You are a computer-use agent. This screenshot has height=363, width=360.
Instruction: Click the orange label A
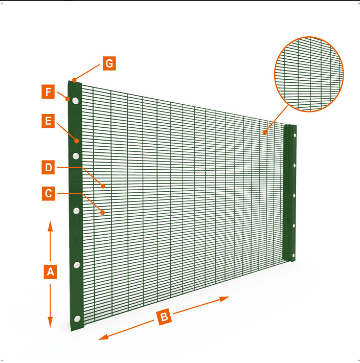click(50, 272)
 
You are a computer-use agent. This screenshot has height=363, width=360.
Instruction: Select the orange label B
click(164, 317)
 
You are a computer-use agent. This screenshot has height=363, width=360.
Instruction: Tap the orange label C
click(49, 194)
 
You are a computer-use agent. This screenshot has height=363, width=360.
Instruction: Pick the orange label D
click(48, 167)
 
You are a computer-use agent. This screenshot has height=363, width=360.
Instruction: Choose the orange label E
click(48, 121)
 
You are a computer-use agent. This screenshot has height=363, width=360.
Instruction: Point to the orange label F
click(48, 92)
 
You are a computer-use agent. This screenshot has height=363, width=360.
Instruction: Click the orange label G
click(109, 63)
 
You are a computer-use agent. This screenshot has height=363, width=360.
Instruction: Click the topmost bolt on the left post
click(76, 101)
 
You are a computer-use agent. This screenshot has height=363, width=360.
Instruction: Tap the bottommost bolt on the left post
click(77, 319)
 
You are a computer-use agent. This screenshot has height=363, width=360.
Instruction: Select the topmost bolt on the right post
click(295, 135)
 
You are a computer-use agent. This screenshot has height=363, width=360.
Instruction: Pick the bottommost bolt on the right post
click(294, 256)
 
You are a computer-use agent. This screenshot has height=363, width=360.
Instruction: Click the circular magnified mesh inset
click(309, 74)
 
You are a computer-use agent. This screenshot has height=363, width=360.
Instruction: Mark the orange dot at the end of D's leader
click(103, 186)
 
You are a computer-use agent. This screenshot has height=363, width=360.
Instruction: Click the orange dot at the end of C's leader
click(103, 212)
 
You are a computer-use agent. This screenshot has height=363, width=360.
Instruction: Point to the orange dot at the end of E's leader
click(77, 141)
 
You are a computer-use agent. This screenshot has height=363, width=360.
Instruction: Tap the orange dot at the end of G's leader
click(74, 80)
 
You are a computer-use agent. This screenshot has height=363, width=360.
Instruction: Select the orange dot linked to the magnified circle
click(264, 132)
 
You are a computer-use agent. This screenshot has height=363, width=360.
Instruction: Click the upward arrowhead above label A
click(50, 226)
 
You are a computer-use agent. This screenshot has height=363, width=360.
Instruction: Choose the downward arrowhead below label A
click(50, 322)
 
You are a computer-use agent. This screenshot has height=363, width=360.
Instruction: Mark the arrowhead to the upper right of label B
click(224, 299)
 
